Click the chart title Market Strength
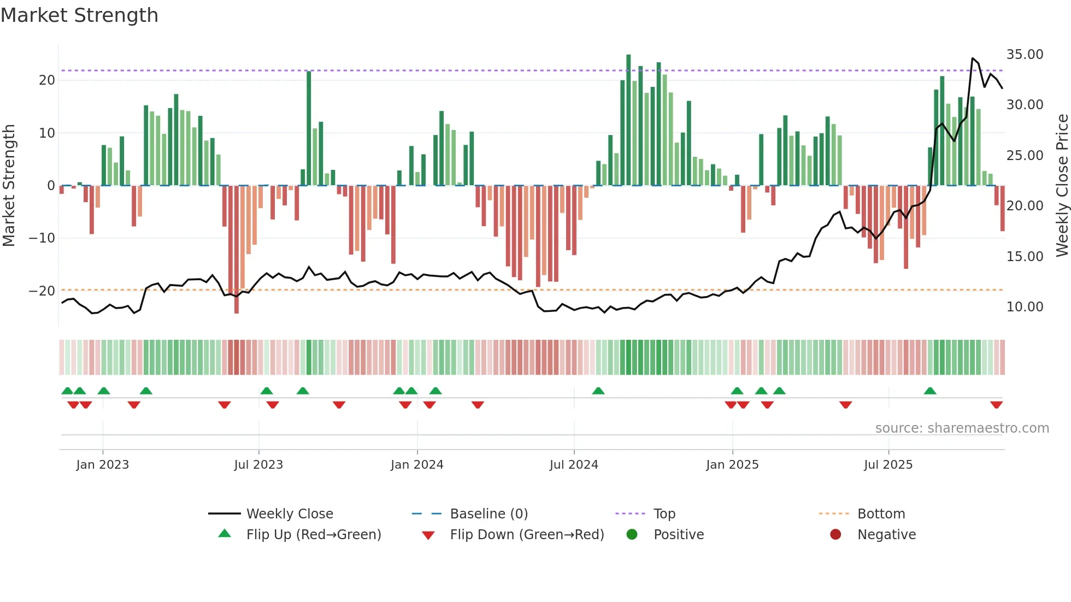(79, 15)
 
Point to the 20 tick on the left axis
(47, 80)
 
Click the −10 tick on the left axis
(42, 238)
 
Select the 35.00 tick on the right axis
(1025, 55)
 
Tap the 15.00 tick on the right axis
(1025, 256)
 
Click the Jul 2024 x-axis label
(574, 465)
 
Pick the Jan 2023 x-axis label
(103, 465)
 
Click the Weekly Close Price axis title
(1062, 186)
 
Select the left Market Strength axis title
(9, 186)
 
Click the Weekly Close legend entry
(289, 514)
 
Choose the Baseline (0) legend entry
(489, 514)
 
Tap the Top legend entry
(664, 514)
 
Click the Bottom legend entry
(881, 514)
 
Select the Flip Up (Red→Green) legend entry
(313, 535)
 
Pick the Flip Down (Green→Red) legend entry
(527, 535)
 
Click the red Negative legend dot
(835, 535)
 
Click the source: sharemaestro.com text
(962, 428)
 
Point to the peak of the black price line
(973, 58)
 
